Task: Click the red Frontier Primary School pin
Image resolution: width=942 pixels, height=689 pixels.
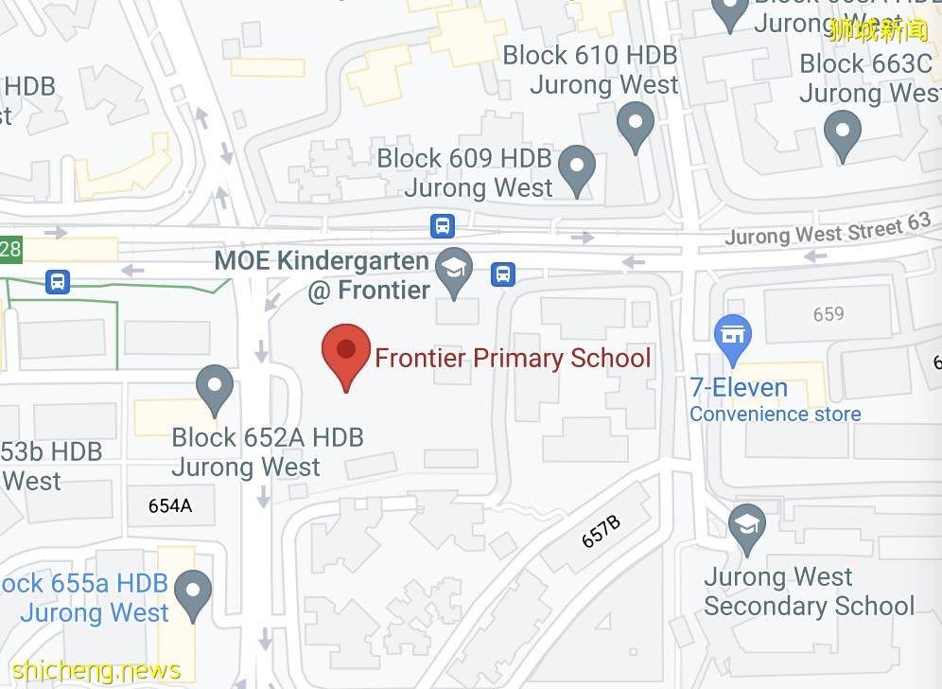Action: click(x=346, y=352)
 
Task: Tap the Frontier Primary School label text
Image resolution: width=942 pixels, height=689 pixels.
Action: click(x=513, y=358)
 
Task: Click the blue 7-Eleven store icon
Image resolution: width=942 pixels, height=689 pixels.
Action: click(x=732, y=337)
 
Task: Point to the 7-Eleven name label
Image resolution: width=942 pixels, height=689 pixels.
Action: click(x=739, y=388)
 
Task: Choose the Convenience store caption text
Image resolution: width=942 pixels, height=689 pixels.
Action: click(x=775, y=415)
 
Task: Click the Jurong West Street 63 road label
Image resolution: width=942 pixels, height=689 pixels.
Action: click(x=828, y=230)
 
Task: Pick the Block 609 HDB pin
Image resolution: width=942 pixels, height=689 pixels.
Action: click(x=576, y=168)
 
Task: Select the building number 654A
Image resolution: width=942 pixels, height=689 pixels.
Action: click(x=170, y=505)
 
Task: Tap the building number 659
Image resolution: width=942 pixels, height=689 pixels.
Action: click(x=829, y=313)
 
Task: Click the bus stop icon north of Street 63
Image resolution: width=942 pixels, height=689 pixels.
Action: click(x=442, y=226)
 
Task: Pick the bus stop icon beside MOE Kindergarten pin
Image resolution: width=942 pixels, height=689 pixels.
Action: click(x=503, y=274)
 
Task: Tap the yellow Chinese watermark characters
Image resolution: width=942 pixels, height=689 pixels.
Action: click(x=879, y=29)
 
